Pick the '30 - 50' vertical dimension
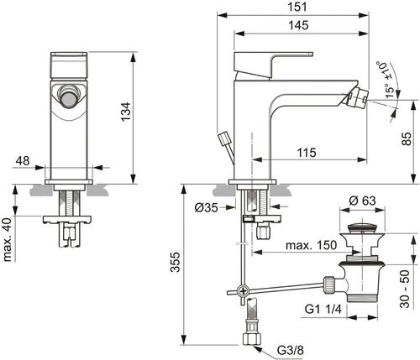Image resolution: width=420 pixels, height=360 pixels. (407, 290)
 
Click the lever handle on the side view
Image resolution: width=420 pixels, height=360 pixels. (273, 61)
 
